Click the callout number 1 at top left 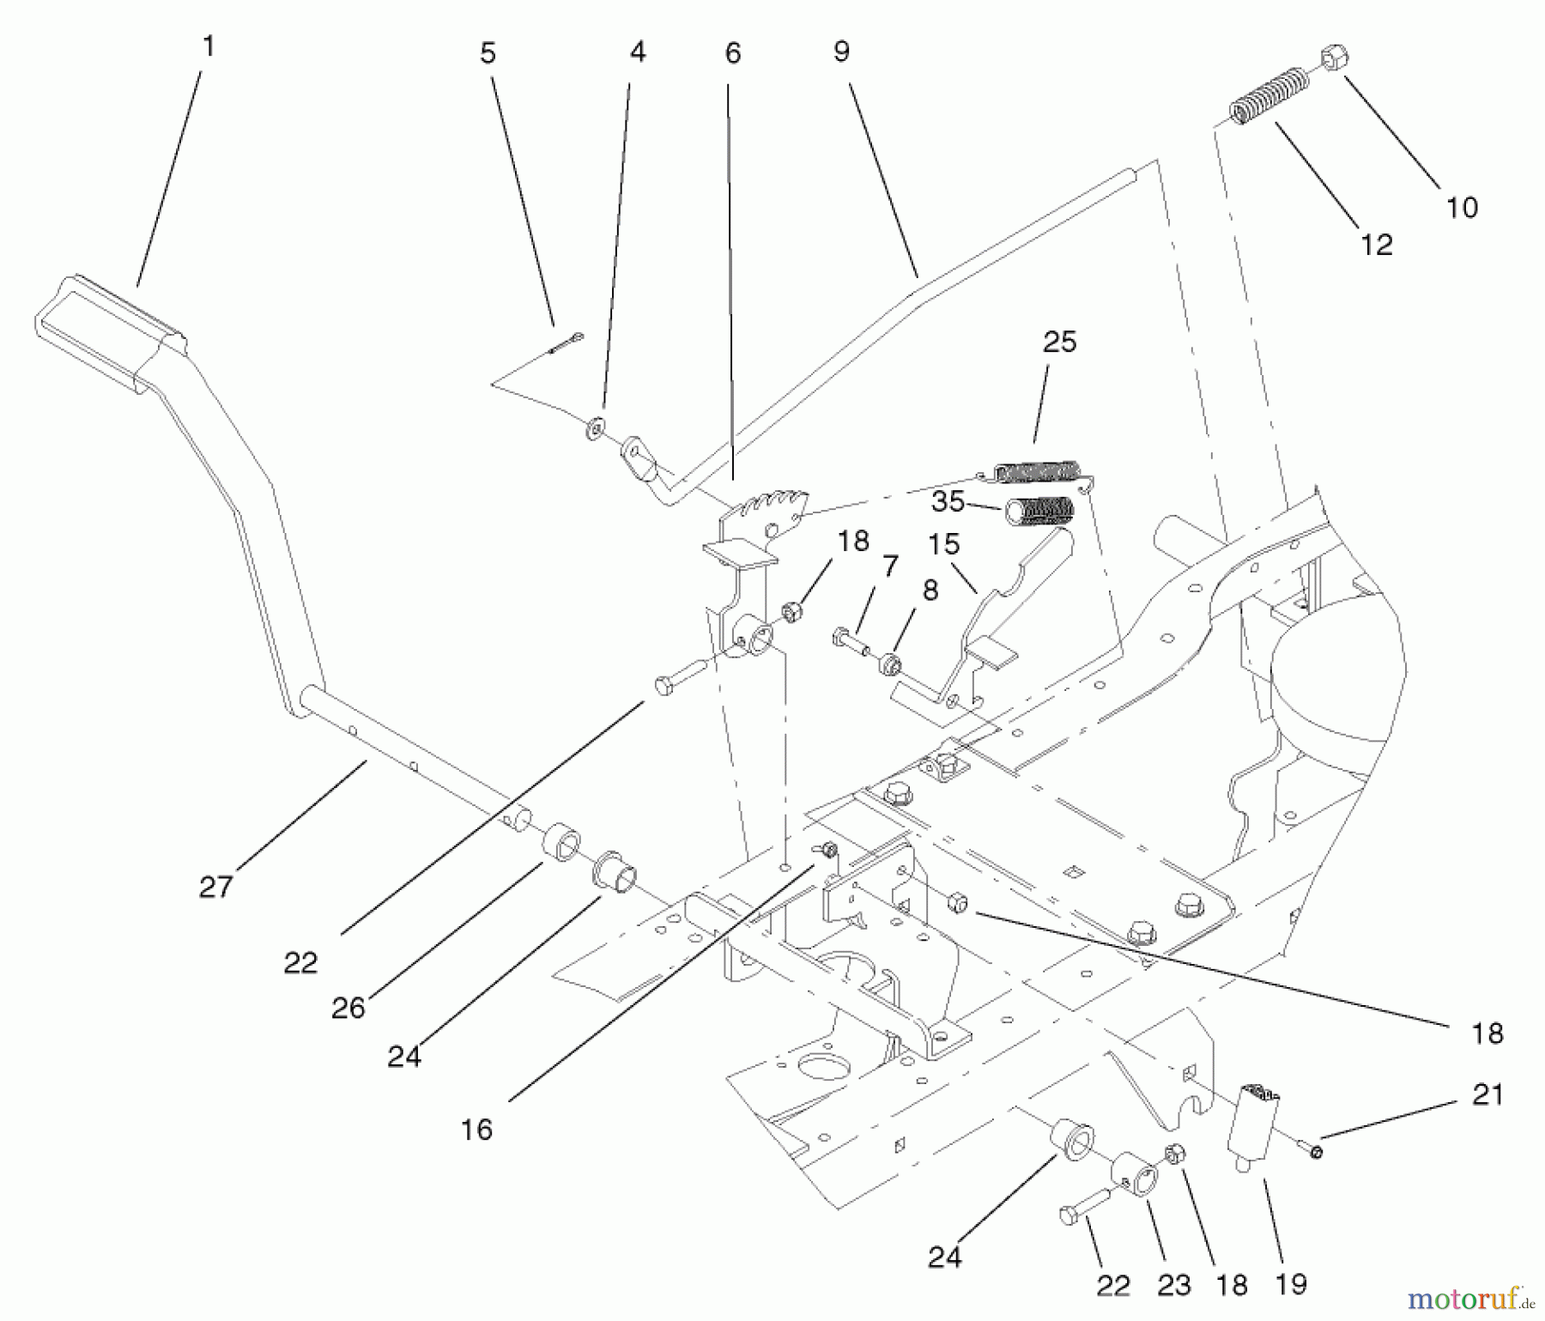[x=207, y=46]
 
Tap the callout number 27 [x=215, y=887]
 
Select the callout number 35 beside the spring [x=948, y=501]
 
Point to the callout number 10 [x=1462, y=207]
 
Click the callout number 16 [x=476, y=1130]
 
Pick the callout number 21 [x=1487, y=1094]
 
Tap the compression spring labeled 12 [x=1269, y=98]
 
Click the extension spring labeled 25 [x=1036, y=471]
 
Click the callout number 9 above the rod [x=841, y=52]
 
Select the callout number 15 [x=943, y=543]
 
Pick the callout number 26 [x=348, y=1008]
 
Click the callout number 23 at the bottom [x=1173, y=1285]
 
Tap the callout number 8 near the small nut [x=930, y=590]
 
